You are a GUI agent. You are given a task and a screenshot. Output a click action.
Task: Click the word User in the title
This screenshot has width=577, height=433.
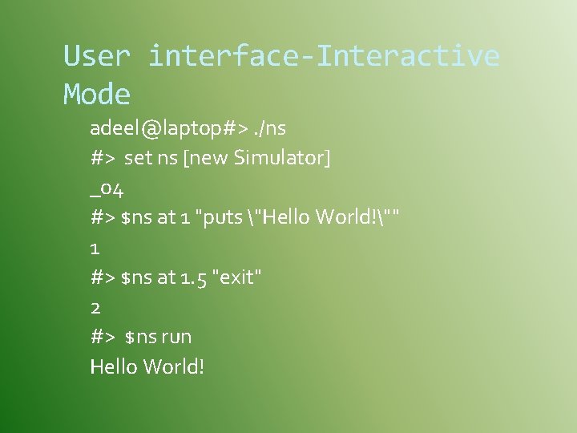96,56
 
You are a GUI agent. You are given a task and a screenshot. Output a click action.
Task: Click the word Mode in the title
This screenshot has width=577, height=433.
96,95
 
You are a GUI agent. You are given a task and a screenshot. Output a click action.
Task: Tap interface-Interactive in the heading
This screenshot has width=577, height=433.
324,56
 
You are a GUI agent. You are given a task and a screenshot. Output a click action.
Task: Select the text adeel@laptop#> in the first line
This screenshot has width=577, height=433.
160,128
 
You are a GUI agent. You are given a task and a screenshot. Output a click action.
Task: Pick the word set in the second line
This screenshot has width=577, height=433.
139,158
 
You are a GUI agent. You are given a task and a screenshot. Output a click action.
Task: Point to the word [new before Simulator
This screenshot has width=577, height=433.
206,158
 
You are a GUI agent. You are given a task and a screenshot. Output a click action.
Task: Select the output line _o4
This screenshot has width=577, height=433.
107,188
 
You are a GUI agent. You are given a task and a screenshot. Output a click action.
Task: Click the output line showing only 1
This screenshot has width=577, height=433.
95,248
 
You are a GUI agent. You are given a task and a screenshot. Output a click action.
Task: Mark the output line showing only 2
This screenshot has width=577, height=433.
95,307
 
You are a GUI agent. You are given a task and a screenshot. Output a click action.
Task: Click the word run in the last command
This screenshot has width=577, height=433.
176,337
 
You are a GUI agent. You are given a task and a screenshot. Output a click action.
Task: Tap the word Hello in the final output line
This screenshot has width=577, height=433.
114,366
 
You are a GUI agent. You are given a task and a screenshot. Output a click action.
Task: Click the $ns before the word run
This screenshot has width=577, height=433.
140,337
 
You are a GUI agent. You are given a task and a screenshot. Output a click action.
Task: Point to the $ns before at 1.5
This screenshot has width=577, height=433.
135,277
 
